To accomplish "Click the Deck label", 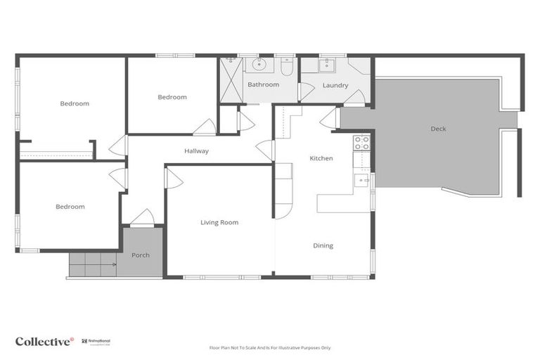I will click(438, 129).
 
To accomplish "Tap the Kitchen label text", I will click(321, 158).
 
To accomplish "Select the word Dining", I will click(323, 245).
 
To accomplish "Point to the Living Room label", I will click(219, 222).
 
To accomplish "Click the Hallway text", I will click(196, 150).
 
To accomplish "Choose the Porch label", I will click(141, 255).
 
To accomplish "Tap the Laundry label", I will click(335, 85).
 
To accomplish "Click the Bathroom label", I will click(262, 84).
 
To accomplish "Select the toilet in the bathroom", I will click(287, 66).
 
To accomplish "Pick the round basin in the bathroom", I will click(259, 65).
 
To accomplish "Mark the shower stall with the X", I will click(231, 80).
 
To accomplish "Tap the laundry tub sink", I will click(327, 65).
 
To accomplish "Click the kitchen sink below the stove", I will click(361, 180).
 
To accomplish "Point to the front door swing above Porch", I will click(142, 217).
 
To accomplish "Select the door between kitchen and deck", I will click(329, 118).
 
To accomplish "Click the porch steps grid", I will click(93, 264).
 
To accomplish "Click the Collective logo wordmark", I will click(44, 341).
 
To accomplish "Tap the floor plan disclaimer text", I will click(270, 347).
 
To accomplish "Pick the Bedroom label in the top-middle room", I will click(172, 97).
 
